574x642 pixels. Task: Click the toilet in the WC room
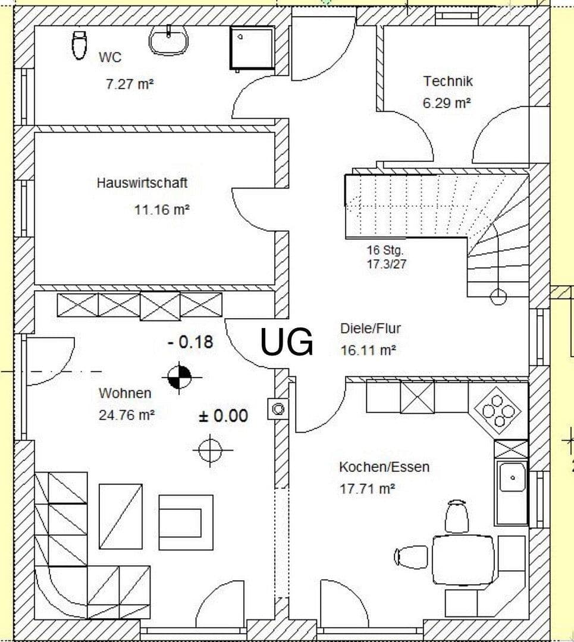79,45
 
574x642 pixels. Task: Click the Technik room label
448,81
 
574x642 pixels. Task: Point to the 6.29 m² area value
447,103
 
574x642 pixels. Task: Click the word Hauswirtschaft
142,182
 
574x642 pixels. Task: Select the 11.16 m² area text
162,209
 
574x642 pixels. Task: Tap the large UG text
287,342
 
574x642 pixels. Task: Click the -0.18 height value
190,342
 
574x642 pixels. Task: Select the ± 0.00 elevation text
223,416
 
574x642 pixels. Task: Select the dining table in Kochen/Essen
463,560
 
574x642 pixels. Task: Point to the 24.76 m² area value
126,415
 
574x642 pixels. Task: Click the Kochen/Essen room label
384,467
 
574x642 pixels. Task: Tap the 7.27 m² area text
130,84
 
